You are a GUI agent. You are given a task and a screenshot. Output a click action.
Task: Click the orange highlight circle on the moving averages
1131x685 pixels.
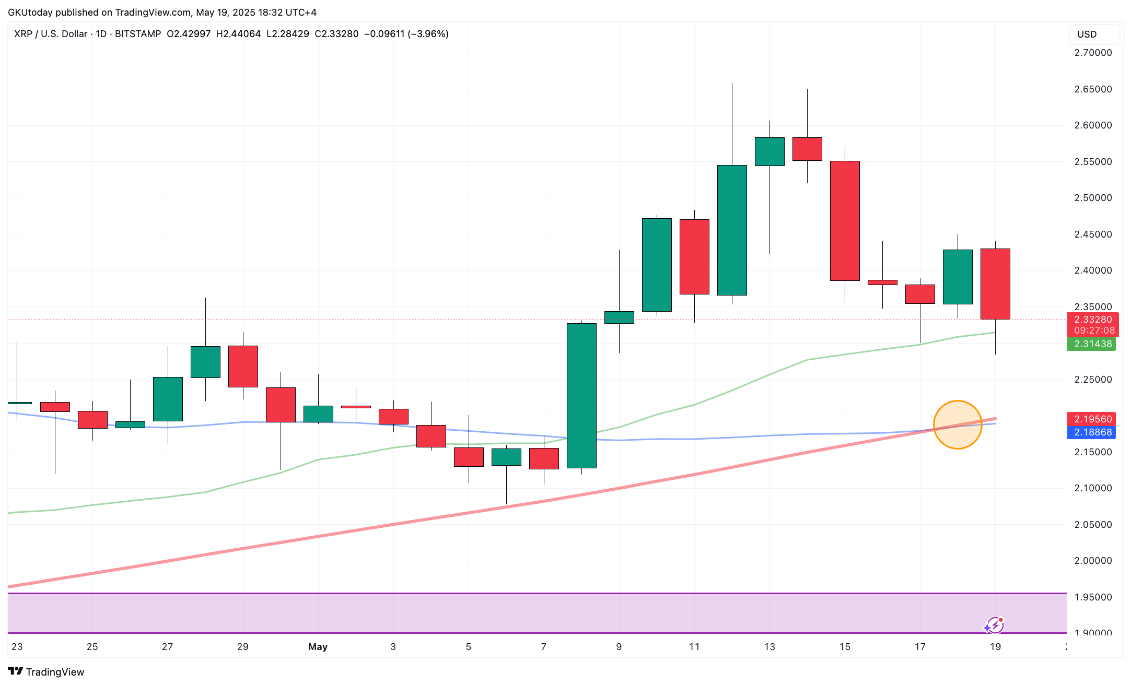click(957, 424)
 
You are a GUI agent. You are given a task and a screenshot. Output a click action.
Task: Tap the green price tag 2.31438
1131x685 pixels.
click(1092, 344)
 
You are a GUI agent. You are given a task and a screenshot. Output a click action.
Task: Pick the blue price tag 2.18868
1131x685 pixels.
click(1092, 432)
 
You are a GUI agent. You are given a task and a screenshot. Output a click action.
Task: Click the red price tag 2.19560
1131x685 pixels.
click(1092, 419)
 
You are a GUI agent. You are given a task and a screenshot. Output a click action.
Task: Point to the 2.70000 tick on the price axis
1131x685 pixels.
click(1093, 53)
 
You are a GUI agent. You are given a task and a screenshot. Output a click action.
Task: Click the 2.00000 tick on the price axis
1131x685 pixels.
click(1093, 561)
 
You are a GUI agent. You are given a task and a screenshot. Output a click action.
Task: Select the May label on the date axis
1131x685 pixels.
click(318, 647)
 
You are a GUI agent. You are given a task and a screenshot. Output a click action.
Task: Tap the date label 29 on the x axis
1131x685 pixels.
click(242, 647)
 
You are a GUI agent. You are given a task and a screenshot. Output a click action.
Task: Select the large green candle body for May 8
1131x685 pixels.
click(581, 396)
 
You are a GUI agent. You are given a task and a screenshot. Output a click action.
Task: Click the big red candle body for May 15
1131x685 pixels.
click(845, 221)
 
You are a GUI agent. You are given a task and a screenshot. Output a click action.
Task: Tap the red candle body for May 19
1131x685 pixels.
click(995, 284)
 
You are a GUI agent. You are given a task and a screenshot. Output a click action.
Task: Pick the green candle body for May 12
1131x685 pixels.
click(732, 230)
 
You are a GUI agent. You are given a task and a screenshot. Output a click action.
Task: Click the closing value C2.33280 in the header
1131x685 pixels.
click(336, 34)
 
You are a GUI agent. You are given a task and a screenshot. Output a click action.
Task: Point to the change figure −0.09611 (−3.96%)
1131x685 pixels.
click(406, 34)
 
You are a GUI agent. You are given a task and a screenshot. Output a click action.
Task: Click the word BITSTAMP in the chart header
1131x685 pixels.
click(138, 34)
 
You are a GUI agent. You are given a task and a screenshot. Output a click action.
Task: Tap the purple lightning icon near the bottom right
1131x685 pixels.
click(994, 625)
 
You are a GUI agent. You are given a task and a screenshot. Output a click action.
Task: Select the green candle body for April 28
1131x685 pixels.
click(205, 362)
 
